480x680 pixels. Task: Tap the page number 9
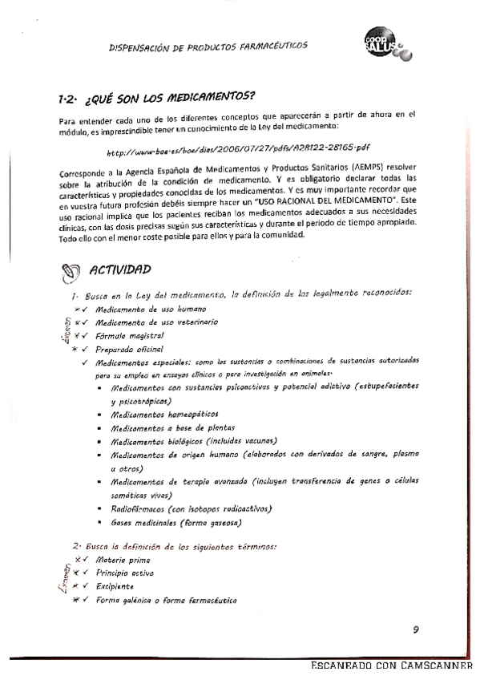tap(416, 629)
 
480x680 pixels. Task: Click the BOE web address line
tap(238, 149)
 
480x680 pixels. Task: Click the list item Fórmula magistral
tap(130, 335)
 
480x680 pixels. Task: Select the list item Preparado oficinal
tap(129, 349)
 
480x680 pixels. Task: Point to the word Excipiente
tap(117, 587)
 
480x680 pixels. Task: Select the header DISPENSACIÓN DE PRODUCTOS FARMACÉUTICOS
tap(207, 47)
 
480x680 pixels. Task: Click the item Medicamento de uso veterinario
tap(145, 322)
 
